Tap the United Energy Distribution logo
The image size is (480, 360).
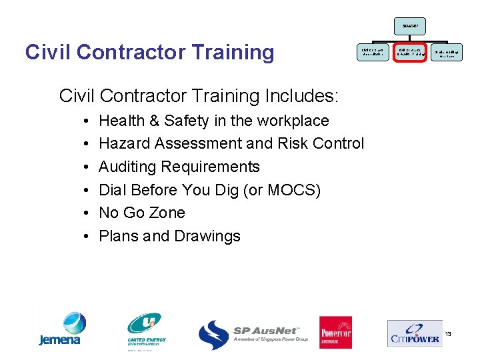coord(146,331)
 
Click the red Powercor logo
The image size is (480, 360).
coord(335,332)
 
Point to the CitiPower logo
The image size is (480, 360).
coord(413,333)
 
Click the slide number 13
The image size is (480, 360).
coord(448,333)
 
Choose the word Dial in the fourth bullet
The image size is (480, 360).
coord(113,190)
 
